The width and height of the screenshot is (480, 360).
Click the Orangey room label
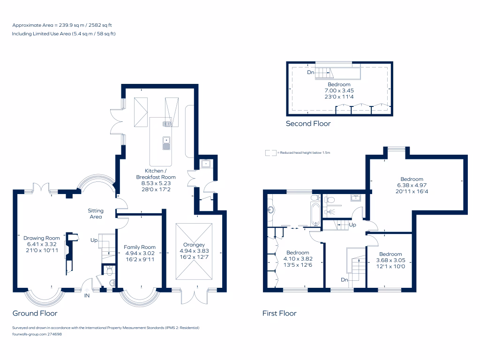[x=194, y=245]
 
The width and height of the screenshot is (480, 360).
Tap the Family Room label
[x=140, y=247]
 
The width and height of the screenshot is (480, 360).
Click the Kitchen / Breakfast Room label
[x=156, y=173]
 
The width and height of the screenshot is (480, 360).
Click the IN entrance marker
[x=87, y=296]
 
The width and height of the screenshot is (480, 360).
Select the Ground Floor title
[x=35, y=313]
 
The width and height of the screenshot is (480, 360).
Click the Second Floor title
[x=308, y=124]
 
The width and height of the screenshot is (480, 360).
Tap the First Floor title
[x=279, y=313]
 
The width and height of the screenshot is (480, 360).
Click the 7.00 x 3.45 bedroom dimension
[x=339, y=90]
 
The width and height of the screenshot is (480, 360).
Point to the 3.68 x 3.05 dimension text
[x=390, y=261]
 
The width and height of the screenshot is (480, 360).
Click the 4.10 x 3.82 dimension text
[x=298, y=258]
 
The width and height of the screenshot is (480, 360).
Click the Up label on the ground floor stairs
[x=94, y=240]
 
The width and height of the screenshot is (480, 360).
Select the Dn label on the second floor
[x=310, y=73]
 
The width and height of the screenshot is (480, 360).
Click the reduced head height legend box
[x=270, y=153]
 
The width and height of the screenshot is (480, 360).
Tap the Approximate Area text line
[x=63, y=25]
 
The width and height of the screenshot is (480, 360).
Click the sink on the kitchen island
[x=166, y=143]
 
